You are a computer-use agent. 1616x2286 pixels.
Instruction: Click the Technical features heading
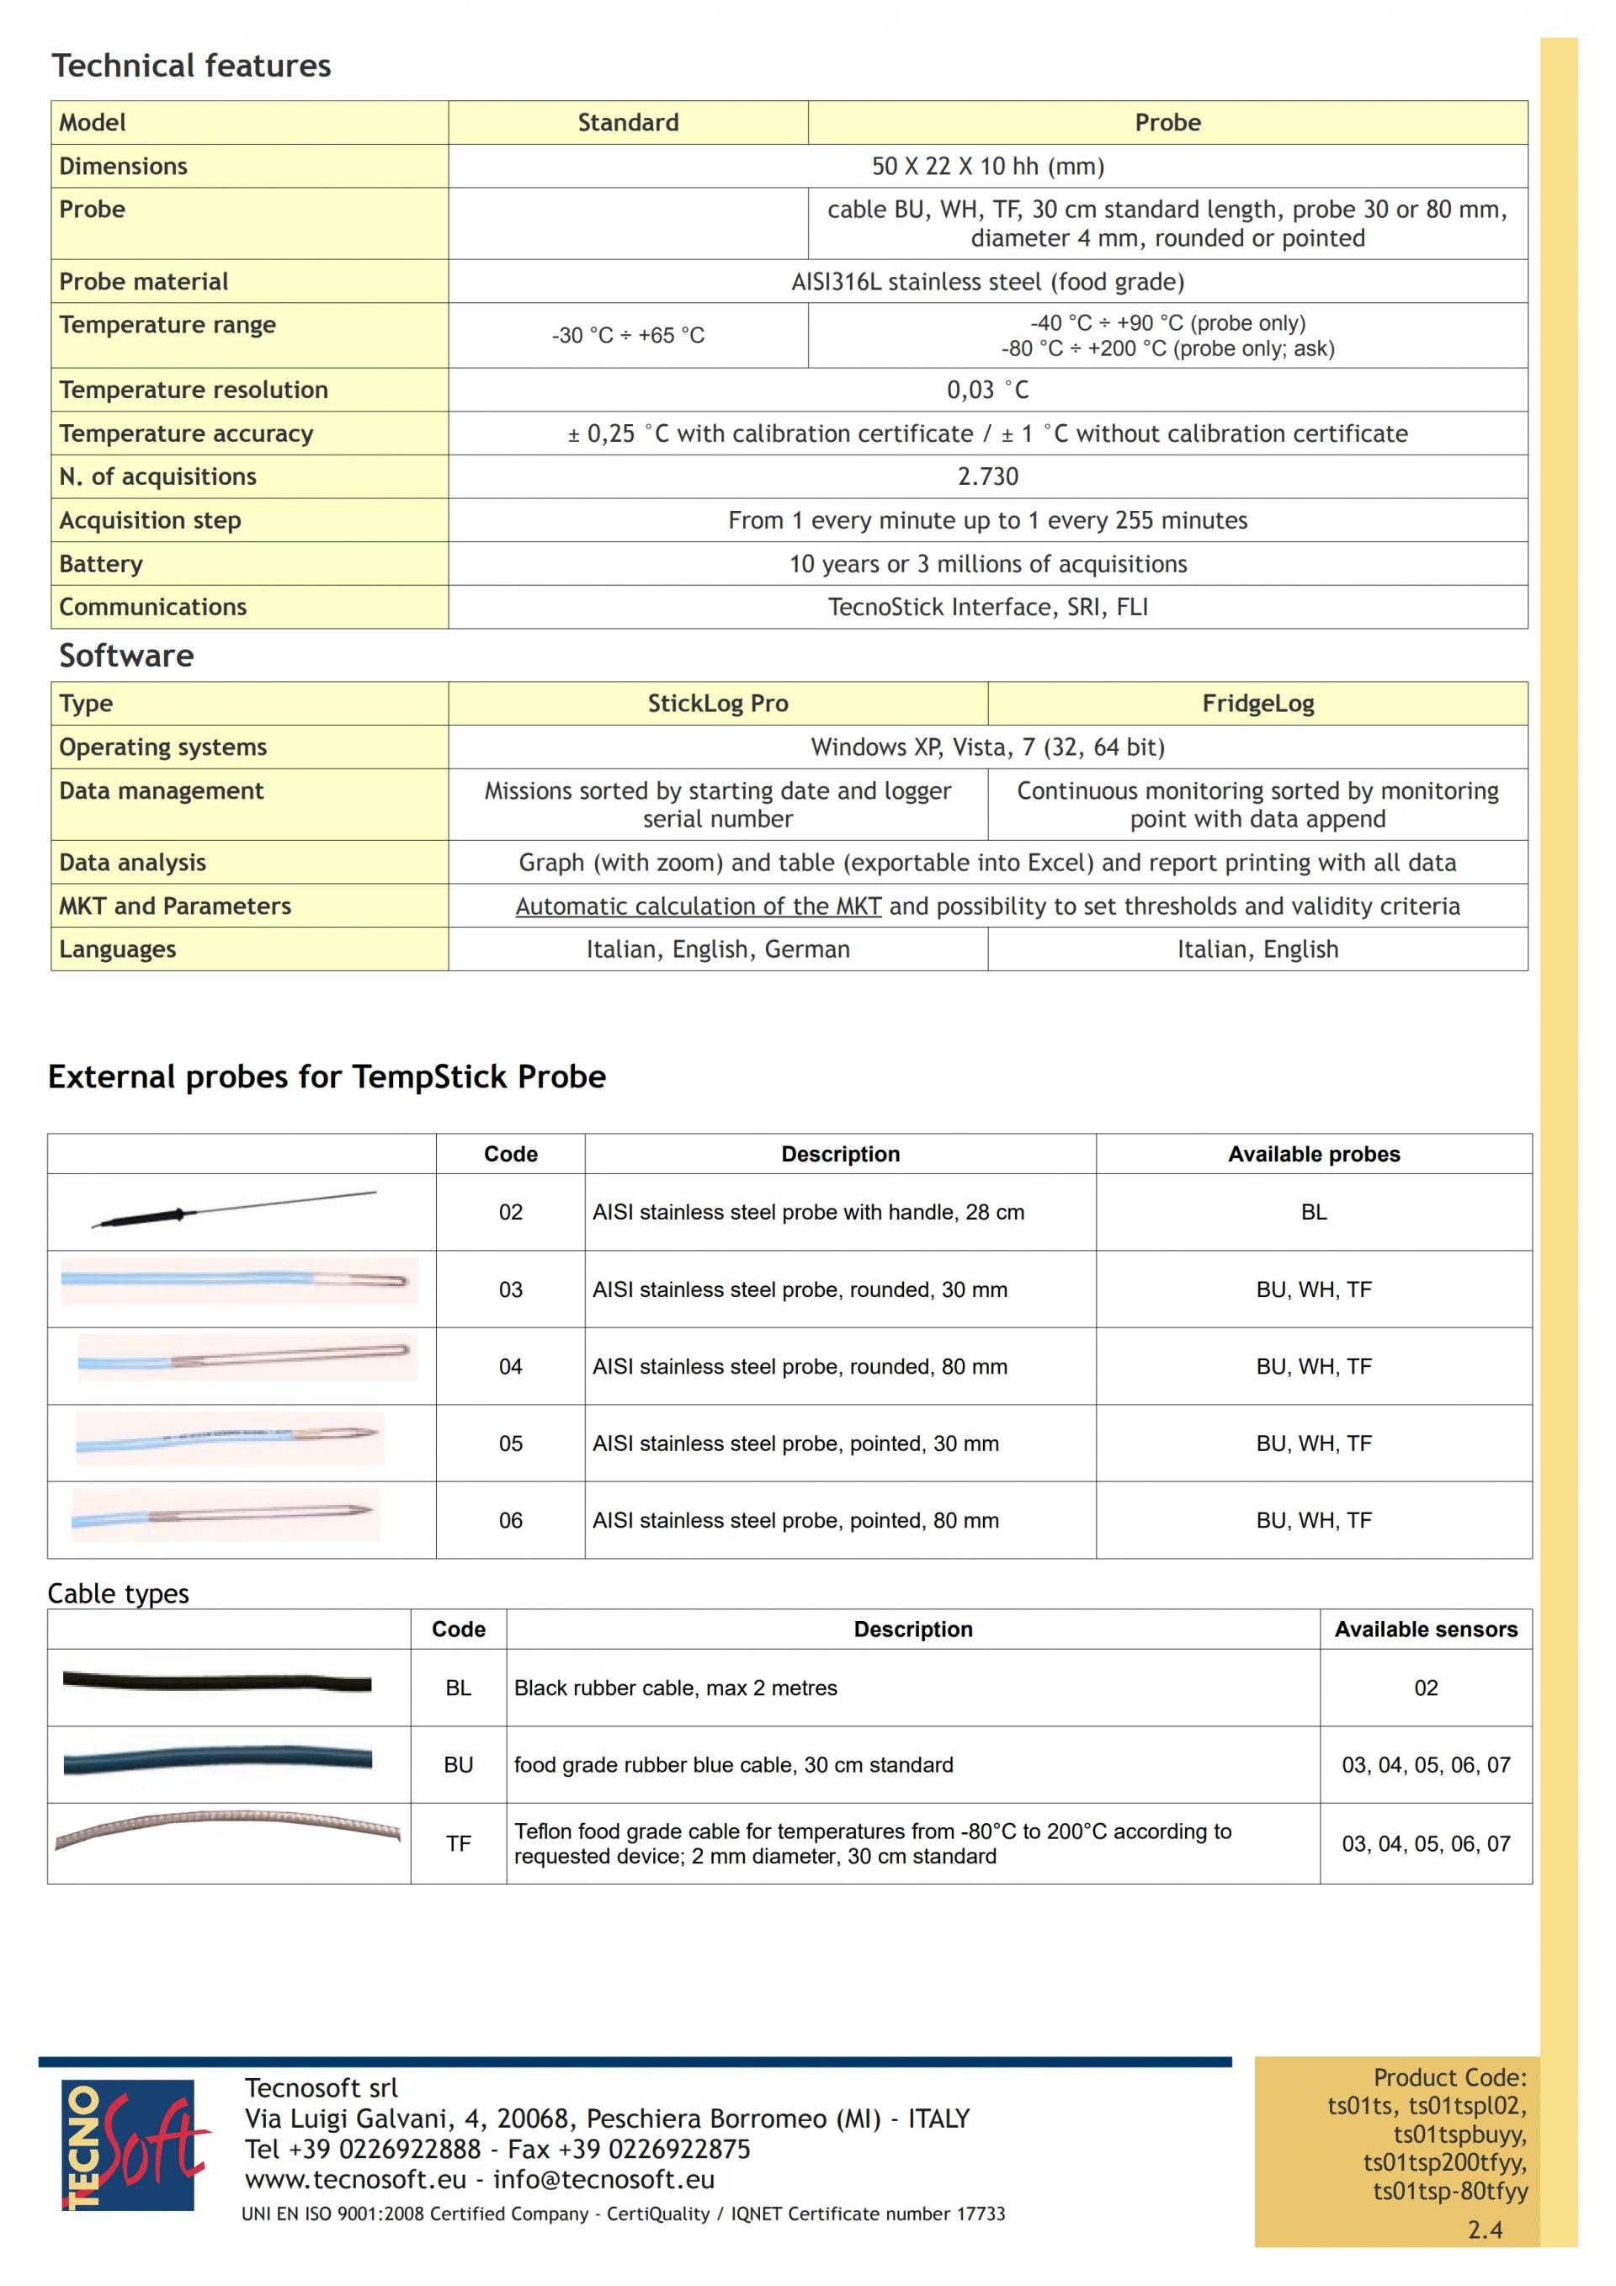[191, 66]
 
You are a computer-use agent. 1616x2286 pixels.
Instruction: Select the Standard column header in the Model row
[627, 123]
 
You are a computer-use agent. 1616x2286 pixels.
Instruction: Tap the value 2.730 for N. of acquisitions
[988, 477]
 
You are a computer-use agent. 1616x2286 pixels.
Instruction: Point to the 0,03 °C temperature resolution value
[988, 391]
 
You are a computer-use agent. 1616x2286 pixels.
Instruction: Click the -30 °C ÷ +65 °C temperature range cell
[627, 336]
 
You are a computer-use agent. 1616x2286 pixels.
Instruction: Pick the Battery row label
[100, 564]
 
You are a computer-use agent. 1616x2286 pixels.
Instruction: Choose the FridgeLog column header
[1257, 704]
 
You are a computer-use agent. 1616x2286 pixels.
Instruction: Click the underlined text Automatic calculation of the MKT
[698, 906]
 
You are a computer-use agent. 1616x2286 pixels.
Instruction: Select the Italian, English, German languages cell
[717, 950]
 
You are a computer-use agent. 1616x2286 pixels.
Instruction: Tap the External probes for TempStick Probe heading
[327, 1077]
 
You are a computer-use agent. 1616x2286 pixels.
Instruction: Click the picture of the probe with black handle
[234, 1209]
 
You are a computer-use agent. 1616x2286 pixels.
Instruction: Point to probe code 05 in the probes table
[510, 1443]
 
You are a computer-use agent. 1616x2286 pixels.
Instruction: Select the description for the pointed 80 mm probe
[795, 1520]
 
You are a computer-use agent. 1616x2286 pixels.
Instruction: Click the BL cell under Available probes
[1313, 1212]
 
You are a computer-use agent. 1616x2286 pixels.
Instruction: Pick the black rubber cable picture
[217, 1683]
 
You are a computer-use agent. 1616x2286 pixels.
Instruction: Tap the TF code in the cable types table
[458, 1844]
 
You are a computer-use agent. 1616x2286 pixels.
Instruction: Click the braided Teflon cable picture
[227, 1829]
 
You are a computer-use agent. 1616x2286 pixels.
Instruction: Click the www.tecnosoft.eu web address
[354, 2179]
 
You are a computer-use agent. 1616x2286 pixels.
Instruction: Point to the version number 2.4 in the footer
[1485, 2230]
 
